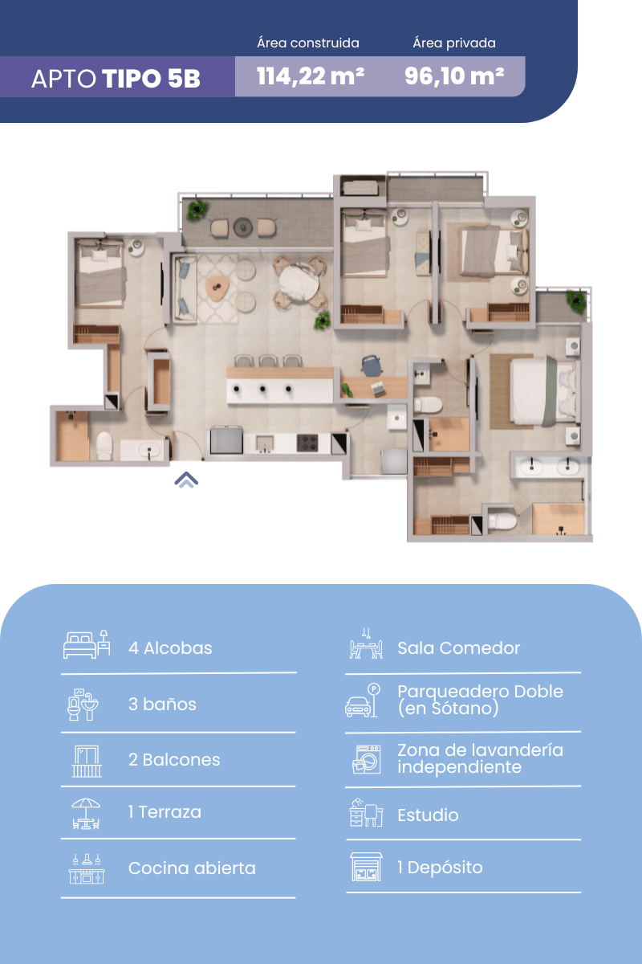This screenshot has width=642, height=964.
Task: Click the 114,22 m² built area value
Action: [311, 76]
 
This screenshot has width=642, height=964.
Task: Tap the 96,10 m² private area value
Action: [454, 76]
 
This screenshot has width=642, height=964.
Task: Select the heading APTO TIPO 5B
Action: [116, 79]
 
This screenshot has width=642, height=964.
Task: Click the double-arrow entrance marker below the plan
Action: [186, 480]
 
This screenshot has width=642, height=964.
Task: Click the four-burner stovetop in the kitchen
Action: [307, 443]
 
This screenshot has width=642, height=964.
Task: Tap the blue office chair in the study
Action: [372, 365]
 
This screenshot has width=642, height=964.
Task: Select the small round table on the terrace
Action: [243, 227]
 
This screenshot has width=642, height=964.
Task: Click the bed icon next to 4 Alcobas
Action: [87, 644]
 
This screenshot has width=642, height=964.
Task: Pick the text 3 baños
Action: [162, 704]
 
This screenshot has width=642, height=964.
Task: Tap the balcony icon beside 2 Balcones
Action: [87, 762]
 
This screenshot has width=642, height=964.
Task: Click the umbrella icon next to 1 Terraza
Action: [86, 814]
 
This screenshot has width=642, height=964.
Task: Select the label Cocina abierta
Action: [192, 868]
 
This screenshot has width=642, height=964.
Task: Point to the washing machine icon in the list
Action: [367, 760]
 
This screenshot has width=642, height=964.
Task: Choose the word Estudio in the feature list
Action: [428, 815]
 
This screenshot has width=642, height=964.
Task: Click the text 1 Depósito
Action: [440, 868]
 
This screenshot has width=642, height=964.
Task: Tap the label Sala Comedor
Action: [458, 648]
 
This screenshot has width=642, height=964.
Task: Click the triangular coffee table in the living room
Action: [217, 288]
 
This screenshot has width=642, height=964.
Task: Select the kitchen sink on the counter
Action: [265, 443]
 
